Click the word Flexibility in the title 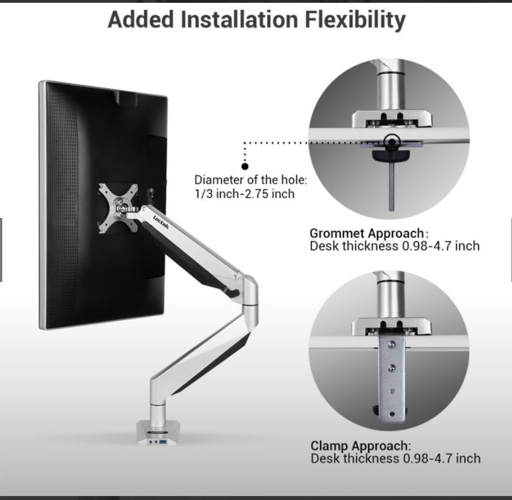coord(355,20)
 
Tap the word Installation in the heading coord(239,19)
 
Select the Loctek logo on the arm coord(161,222)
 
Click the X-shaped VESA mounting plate coord(119,208)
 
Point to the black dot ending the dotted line coord(245,166)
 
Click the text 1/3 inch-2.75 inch coord(244,194)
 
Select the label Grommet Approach coord(366,233)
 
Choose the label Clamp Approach coord(360,446)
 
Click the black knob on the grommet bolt coord(391,156)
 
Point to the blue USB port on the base coord(162,442)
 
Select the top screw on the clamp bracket coord(392,344)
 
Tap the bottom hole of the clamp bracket coord(392,414)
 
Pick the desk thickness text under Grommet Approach coord(395,246)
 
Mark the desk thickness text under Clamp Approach coord(396,458)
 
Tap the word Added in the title coord(141,20)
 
